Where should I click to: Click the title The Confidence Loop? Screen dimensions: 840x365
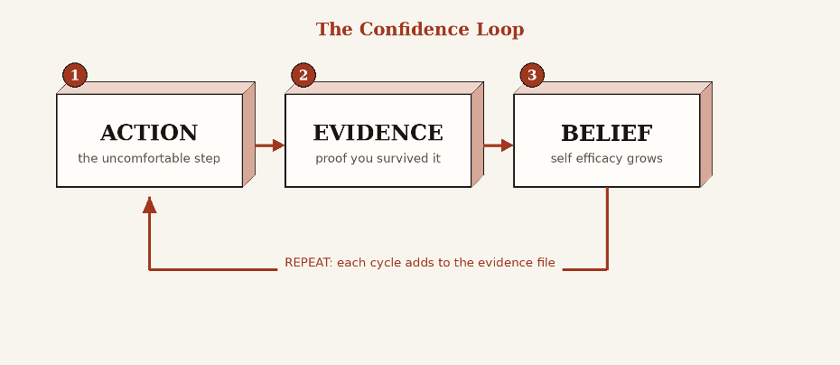[420, 30]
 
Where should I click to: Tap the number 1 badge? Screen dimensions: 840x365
[75, 75]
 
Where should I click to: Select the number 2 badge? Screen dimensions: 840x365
[303, 75]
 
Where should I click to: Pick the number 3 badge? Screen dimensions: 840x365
[532, 75]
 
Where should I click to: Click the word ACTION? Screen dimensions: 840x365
[149, 133]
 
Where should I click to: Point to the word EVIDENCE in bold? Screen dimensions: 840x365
[378, 133]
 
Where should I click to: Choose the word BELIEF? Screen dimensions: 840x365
[607, 134]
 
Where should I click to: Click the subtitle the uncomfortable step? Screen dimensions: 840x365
[149, 159]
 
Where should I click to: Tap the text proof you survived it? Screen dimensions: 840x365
[378, 159]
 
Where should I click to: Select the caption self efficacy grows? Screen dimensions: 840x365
[607, 159]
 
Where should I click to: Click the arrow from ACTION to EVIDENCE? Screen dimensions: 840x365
[270, 145]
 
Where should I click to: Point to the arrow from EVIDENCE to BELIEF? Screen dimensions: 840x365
[499, 145]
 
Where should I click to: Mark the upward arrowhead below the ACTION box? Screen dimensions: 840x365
[149, 205]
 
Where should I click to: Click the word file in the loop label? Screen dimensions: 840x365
[546, 263]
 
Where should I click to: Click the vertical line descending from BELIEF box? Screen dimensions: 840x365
[608, 229]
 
